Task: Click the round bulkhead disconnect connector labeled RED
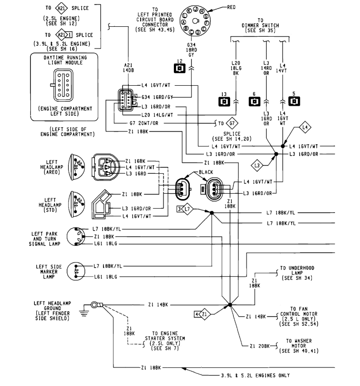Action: [x=195, y=21]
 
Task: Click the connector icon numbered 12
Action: [x=180, y=68]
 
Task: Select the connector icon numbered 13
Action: [x=224, y=101]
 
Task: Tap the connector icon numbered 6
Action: [x=254, y=101]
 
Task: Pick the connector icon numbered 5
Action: [x=295, y=101]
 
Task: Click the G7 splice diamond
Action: [x=232, y=123]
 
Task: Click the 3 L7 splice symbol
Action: [x=186, y=209]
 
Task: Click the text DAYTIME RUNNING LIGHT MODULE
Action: [x=64, y=61]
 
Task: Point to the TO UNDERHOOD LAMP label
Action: [x=297, y=273]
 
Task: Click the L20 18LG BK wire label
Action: [x=235, y=68]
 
